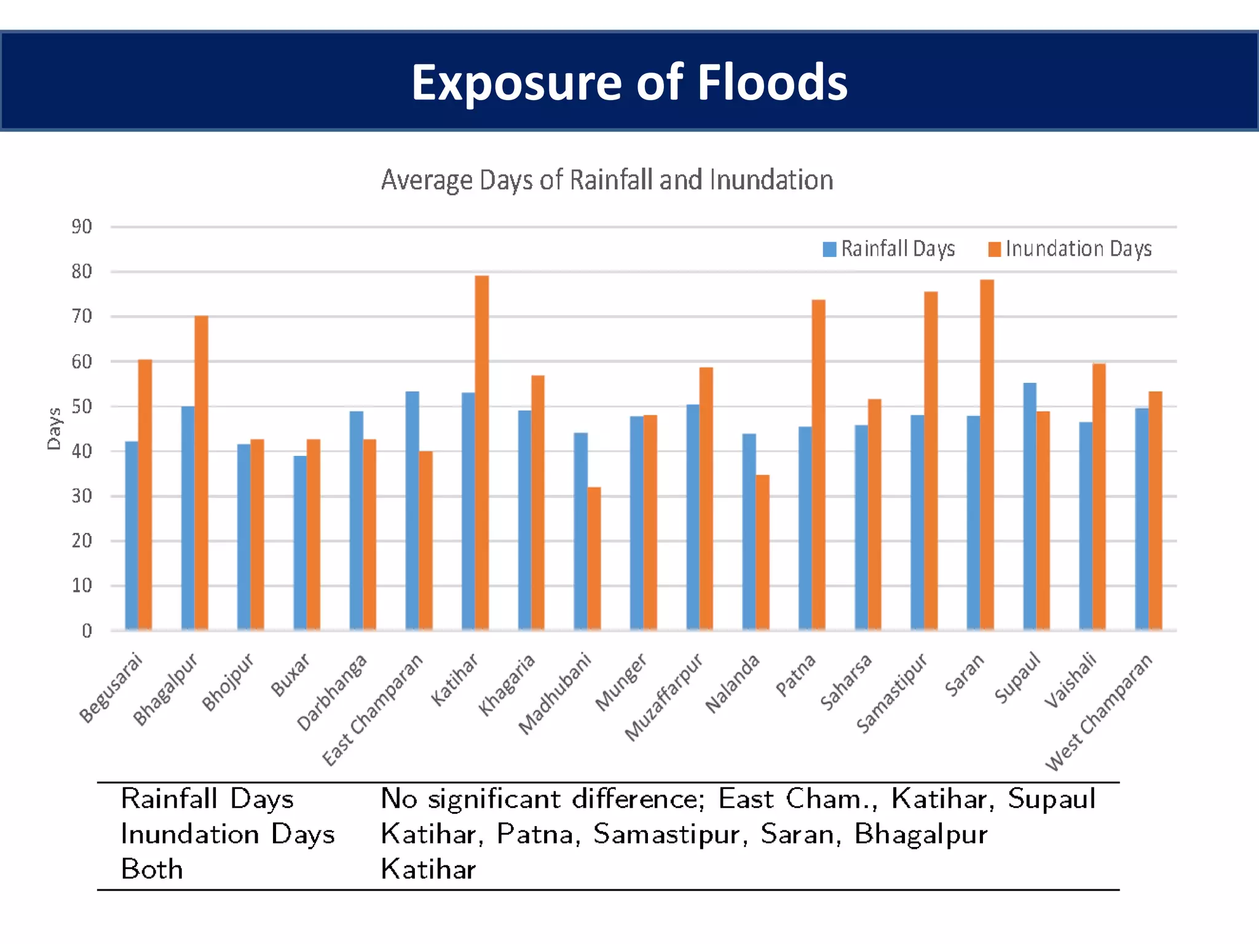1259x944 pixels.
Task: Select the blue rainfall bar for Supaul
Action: coord(1030,506)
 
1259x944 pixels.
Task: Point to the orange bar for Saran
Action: coord(987,455)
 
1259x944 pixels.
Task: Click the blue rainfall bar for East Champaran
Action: coord(412,510)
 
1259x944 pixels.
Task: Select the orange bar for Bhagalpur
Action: coord(201,473)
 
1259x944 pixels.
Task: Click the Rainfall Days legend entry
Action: coord(889,249)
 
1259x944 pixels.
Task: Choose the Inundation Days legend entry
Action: coord(1070,249)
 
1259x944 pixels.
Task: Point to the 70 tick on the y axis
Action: coord(82,317)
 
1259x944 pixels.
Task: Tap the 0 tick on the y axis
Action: coord(87,631)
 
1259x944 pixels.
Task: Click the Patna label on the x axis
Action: coord(795,676)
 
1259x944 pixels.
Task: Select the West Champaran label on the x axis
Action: coord(1099,713)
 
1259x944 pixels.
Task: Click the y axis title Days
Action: coord(54,429)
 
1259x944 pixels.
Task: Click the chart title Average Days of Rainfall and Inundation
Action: coord(607,180)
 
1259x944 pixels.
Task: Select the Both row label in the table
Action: coord(152,869)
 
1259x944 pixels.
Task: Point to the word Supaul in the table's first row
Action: coord(1051,799)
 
